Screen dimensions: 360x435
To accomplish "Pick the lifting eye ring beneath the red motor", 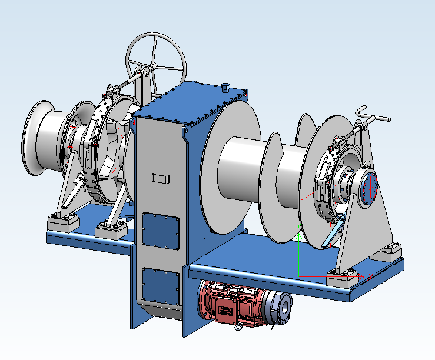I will pos(238,325).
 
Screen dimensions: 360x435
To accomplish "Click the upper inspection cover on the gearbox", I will pos(161,231).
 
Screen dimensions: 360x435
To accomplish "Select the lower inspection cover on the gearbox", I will pos(160,286).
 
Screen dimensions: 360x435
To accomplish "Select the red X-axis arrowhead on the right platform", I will pos(370,275).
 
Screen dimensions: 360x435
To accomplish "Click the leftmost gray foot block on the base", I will pos(62,224).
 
